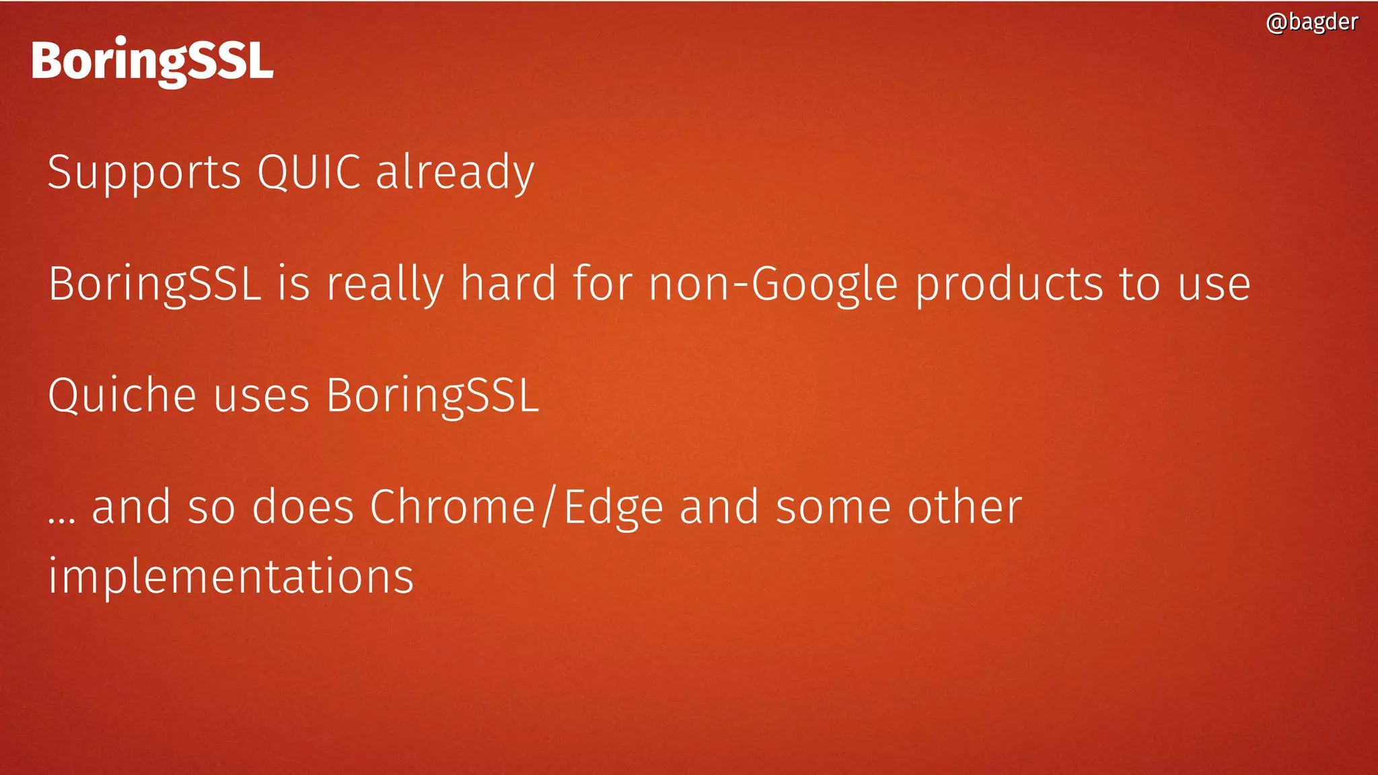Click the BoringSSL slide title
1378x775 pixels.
pos(152,62)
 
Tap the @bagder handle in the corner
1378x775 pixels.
pos(1311,22)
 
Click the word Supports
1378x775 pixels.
pos(144,173)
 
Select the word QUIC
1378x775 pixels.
pos(309,173)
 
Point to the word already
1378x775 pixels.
pos(455,173)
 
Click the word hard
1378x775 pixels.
pos(508,284)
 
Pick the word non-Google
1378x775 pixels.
pos(773,284)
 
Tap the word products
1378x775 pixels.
pos(1009,284)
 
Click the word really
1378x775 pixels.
pos(385,284)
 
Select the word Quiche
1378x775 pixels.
pos(122,395)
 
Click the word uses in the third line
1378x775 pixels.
pos(261,395)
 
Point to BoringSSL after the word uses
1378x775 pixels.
pos(433,395)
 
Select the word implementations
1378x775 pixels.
pos(231,577)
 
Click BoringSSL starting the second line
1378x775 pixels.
pos(155,284)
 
